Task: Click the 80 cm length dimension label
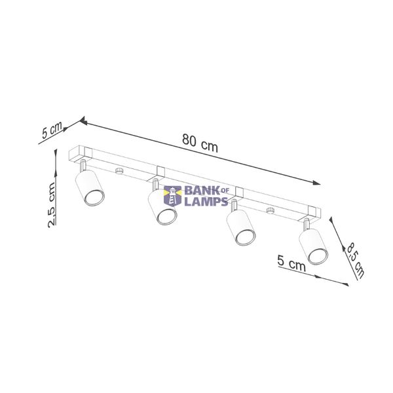pos(200,143)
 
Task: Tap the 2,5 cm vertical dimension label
pos(52,205)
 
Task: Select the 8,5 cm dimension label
pos(355,261)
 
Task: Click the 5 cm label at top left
pos(52,130)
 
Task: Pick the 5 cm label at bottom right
pos(291,263)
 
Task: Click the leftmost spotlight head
pos(90,187)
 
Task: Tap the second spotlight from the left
pos(162,207)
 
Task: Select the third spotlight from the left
pos(241,227)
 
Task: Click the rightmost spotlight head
pos(314,247)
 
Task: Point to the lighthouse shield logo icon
pos(172,196)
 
